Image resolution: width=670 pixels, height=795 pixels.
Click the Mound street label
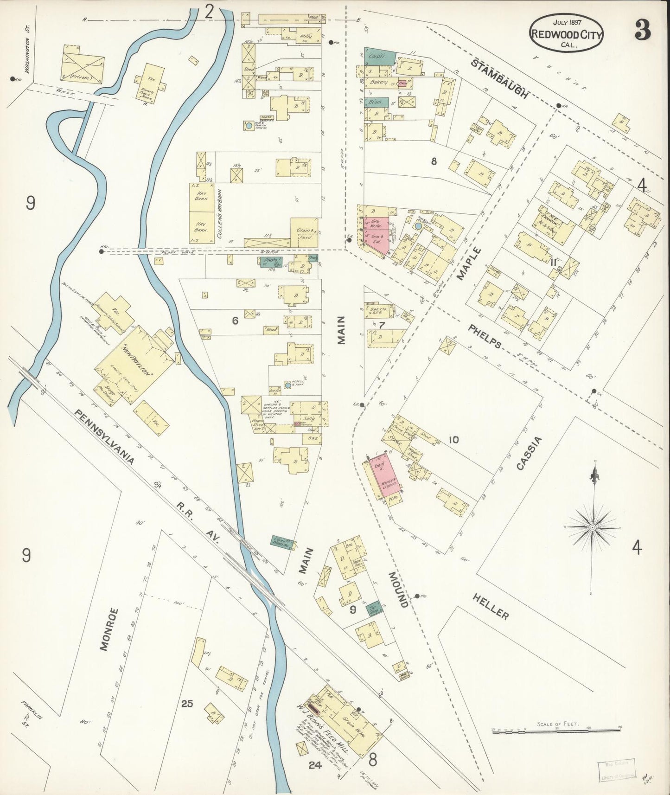click(x=399, y=590)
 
